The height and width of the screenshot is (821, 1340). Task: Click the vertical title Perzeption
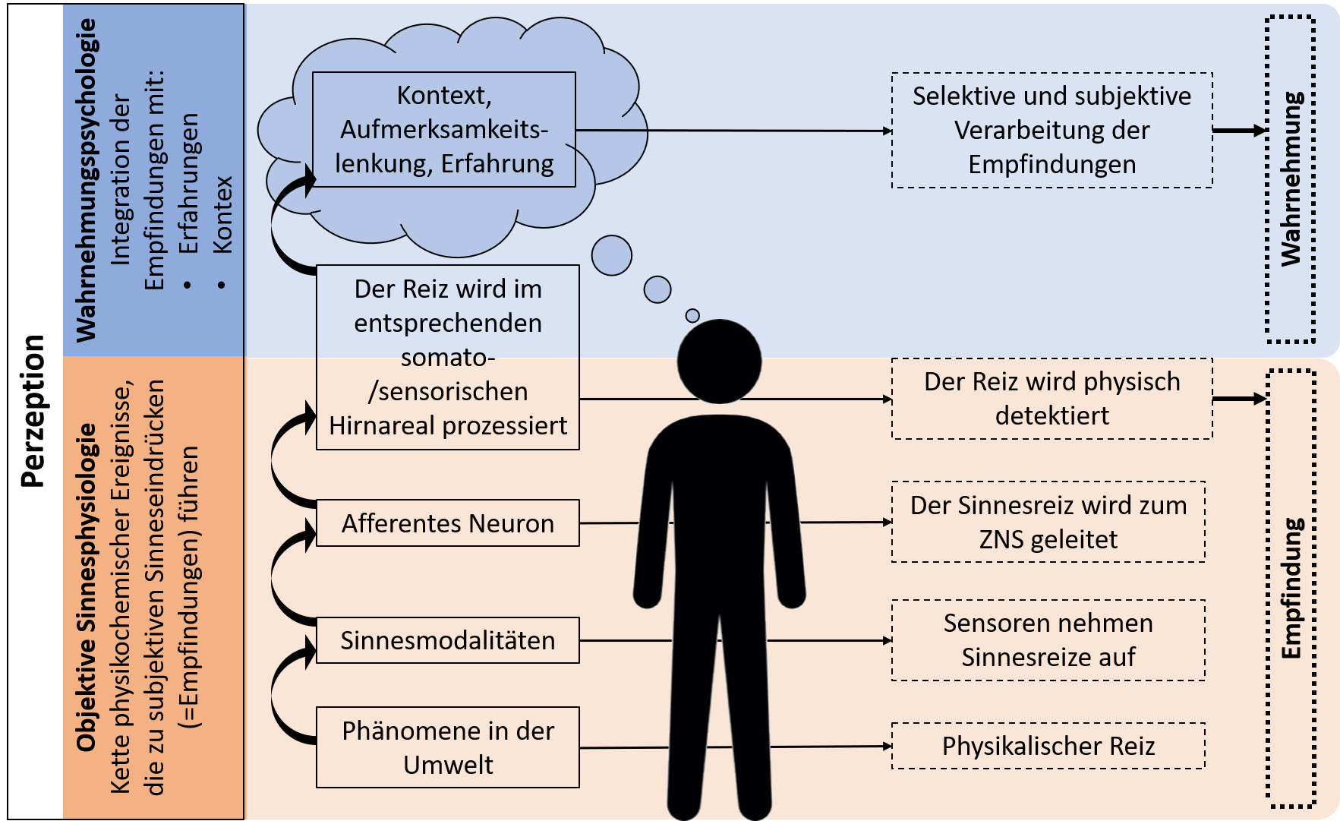pos(33,410)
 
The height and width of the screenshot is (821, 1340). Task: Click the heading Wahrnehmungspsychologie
pos(87,180)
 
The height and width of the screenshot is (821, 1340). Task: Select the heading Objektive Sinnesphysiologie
pos(86,587)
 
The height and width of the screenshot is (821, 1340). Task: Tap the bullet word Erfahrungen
pos(188,184)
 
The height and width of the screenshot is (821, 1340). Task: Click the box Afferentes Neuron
pos(448,523)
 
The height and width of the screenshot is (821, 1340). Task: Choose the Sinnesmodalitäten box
pos(448,640)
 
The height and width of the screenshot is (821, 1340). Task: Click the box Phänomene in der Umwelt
pos(448,747)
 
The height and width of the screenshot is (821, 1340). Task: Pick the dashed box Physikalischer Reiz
pos(1048,746)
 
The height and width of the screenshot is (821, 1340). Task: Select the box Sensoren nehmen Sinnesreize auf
pos(1048,640)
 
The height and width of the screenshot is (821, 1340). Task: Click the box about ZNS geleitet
pos(1048,522)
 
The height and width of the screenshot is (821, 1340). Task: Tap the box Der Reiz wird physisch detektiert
pos(1052,399)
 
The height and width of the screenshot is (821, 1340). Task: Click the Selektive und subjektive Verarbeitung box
pos(1052,130)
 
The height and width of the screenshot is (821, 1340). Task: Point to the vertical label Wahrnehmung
pos(1291,179)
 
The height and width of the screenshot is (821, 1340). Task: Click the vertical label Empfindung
pos(1291,589)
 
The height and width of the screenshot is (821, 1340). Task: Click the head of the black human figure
pos(719,362)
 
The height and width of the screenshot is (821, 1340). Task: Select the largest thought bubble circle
pos(612,255)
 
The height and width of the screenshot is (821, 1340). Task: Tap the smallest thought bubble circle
pos(692,315)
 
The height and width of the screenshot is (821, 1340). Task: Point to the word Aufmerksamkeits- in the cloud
pos(444,130)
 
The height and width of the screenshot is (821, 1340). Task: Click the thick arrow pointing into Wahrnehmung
pos(1239,131)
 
